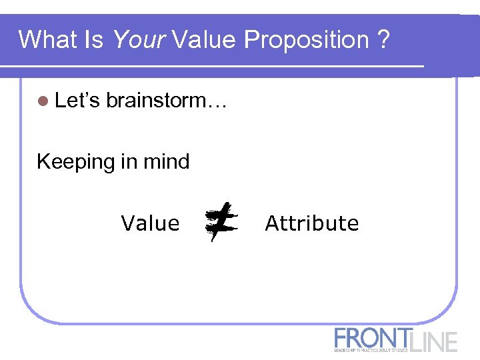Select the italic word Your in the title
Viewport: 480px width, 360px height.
139,40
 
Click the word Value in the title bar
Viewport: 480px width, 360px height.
204,40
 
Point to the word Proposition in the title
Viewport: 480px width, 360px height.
306,40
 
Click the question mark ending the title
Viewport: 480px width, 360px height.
383,40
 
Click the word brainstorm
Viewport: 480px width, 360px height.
157,101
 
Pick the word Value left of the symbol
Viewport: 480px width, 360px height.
150,223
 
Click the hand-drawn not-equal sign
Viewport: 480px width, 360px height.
221,222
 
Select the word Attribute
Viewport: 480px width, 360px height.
311,223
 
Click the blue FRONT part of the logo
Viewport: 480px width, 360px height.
373,337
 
